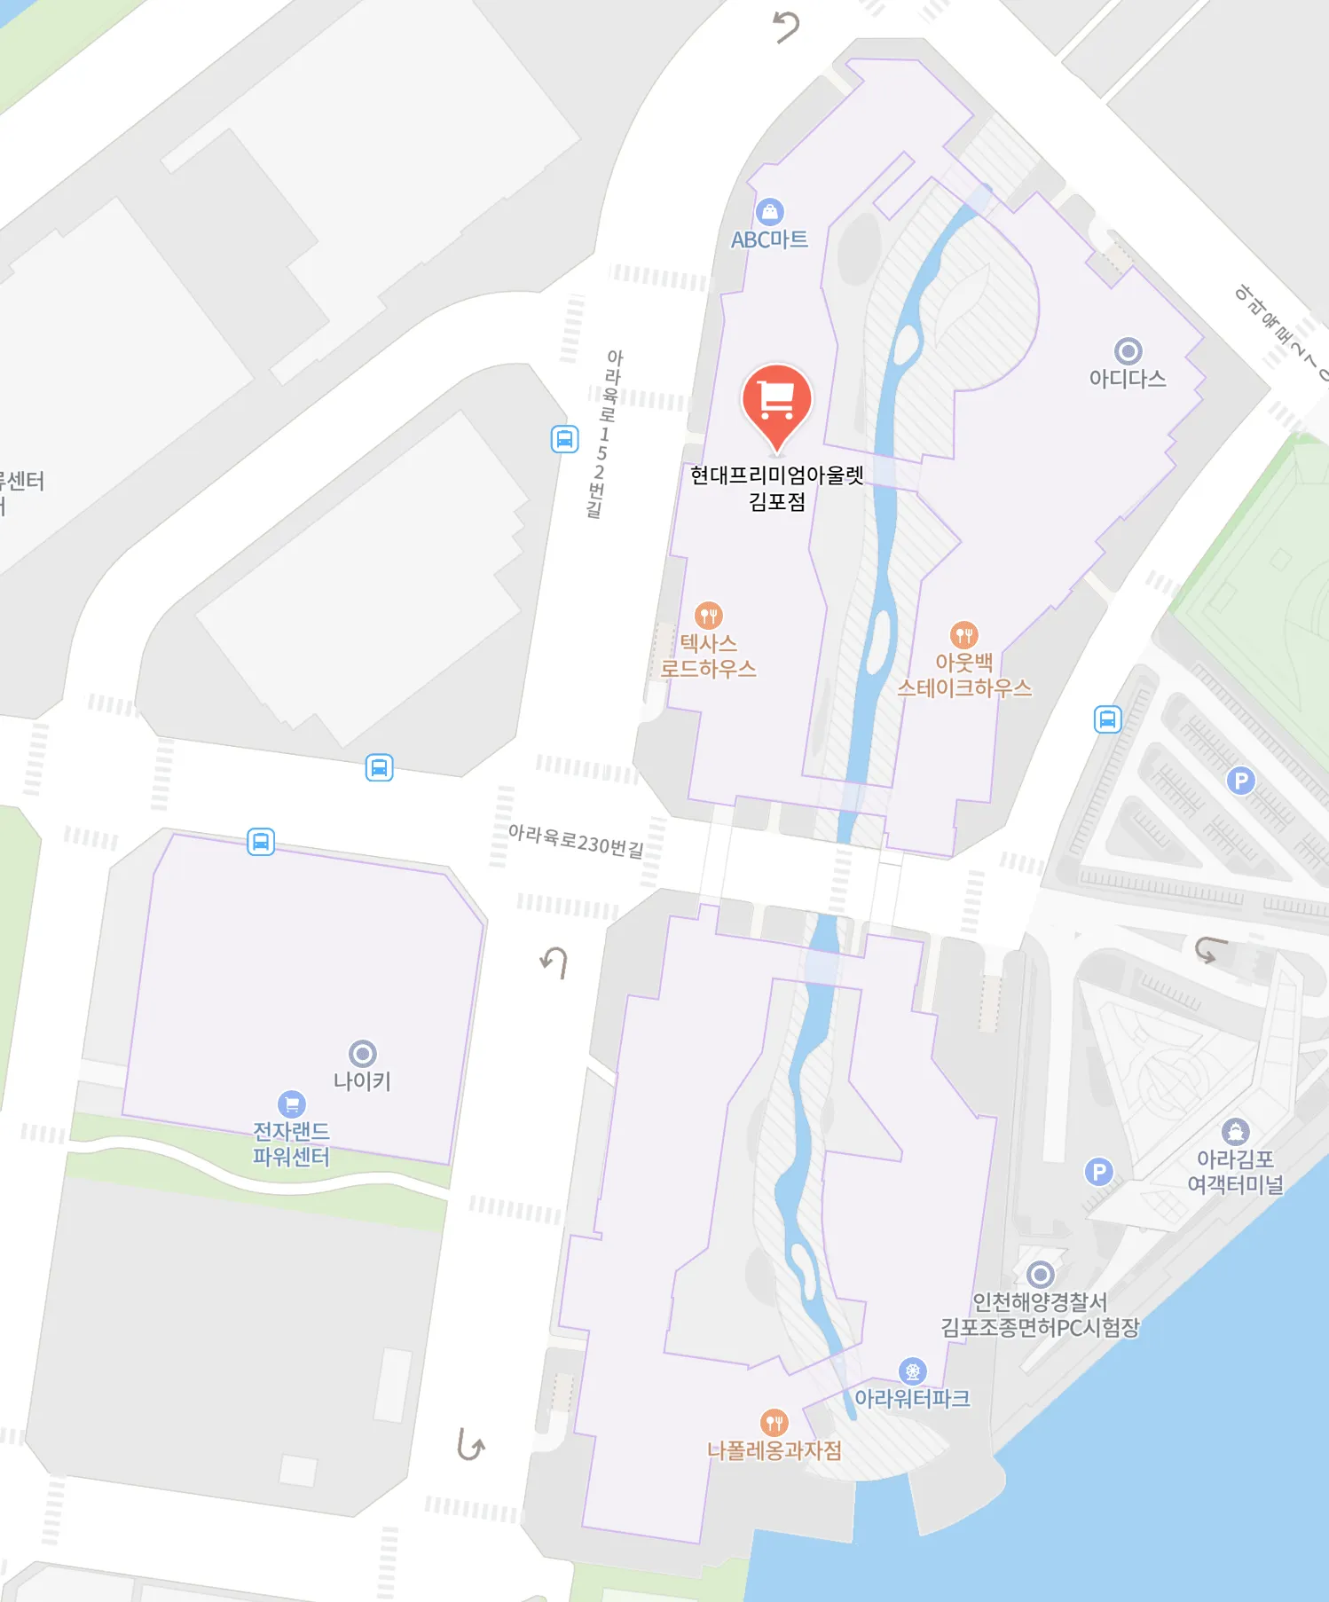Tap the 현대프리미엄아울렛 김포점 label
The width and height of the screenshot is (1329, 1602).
776,488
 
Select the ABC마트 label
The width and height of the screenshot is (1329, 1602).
769,240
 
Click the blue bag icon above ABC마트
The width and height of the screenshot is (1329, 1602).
769,212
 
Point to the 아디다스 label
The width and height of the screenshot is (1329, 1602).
1128,379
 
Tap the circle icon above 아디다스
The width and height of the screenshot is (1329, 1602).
1128,351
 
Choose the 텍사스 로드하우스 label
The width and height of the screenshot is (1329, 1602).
708,656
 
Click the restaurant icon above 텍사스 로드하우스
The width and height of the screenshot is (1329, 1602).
708,615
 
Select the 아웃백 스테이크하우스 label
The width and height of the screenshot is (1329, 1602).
964,675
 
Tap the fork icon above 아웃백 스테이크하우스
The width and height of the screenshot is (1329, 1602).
963,634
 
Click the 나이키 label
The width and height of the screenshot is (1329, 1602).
362,1080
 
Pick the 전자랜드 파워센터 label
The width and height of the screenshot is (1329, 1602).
291,1143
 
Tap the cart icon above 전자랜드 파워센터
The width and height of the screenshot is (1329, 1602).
291,1104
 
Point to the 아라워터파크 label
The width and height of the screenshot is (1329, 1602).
912,1399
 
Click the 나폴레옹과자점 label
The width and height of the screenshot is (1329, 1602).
775,1450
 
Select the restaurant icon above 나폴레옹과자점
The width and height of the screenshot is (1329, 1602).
775,1423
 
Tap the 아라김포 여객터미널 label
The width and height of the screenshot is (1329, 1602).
1235,1172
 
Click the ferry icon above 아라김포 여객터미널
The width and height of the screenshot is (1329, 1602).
1235,1132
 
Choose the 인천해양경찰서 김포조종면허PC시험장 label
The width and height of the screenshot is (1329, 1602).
1040,1315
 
